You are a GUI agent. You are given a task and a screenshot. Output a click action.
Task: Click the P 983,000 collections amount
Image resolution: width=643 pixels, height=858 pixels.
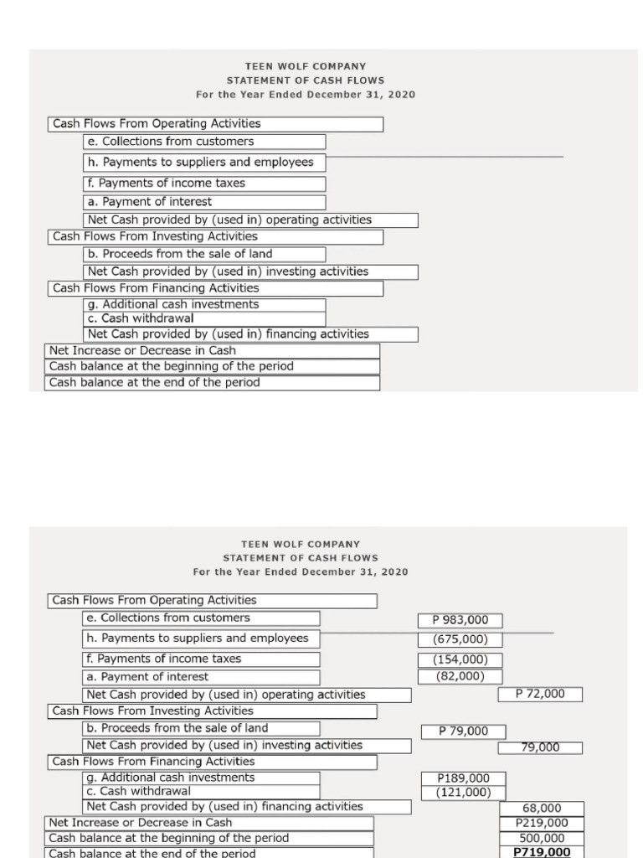pos(460,620)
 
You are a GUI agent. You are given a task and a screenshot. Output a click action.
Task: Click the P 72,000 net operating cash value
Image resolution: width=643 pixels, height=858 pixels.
pos(540,694)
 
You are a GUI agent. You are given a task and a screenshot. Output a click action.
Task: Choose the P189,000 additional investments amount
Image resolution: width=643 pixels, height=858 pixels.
pos(462,778)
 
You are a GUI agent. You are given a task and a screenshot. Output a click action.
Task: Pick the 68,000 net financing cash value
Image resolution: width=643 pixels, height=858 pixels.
pos(542,809)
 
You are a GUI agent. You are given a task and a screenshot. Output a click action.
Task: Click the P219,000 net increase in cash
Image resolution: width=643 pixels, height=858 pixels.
pos(542,823)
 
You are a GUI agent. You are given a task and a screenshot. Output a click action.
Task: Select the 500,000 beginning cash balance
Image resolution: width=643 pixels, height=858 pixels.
pos(542,838)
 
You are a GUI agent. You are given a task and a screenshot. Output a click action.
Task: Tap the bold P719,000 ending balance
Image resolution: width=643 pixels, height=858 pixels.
pos(542,852)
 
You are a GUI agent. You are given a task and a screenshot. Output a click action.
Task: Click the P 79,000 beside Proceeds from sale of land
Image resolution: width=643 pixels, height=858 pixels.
pos(463,731)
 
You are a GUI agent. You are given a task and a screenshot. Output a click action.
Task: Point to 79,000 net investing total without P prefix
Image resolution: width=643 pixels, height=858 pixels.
pos(540,747)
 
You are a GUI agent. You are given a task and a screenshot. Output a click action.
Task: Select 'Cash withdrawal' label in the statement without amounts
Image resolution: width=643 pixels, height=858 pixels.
pos(141,318)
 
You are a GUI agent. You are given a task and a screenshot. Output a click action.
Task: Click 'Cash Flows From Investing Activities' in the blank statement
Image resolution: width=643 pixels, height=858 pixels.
pos(155,236)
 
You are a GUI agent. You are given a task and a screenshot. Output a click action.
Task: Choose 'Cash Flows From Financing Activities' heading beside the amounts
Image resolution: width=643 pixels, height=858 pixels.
pos(153,762)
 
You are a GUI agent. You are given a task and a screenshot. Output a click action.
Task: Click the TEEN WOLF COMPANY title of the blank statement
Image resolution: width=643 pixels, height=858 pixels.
pos(305,65)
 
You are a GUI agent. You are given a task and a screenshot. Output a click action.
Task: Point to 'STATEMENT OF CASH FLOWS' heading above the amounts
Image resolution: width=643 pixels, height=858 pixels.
pos(301,557)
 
